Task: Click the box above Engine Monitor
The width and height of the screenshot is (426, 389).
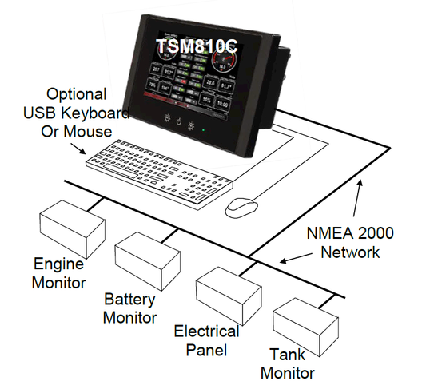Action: pyautogui.click(x=73, y=225)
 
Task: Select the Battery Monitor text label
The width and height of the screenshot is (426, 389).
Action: pyautogui.click(x=130, y=308)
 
